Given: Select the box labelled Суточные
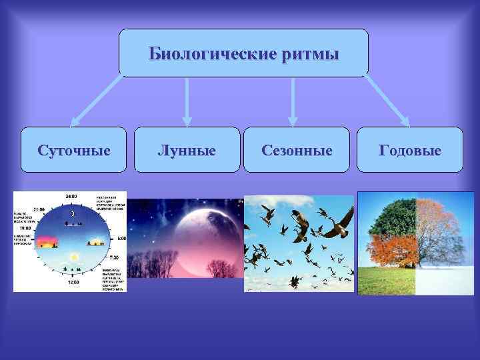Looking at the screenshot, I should click(x=73, y=150).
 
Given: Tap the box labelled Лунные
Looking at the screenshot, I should click(x=187, y=150).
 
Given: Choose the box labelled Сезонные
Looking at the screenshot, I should click(x=297, y=150).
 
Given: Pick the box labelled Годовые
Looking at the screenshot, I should click(x=410, y=150).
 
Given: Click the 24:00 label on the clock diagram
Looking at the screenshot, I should click(x=71, y=197).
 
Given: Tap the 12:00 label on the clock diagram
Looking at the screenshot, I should click(x=72, y=282).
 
